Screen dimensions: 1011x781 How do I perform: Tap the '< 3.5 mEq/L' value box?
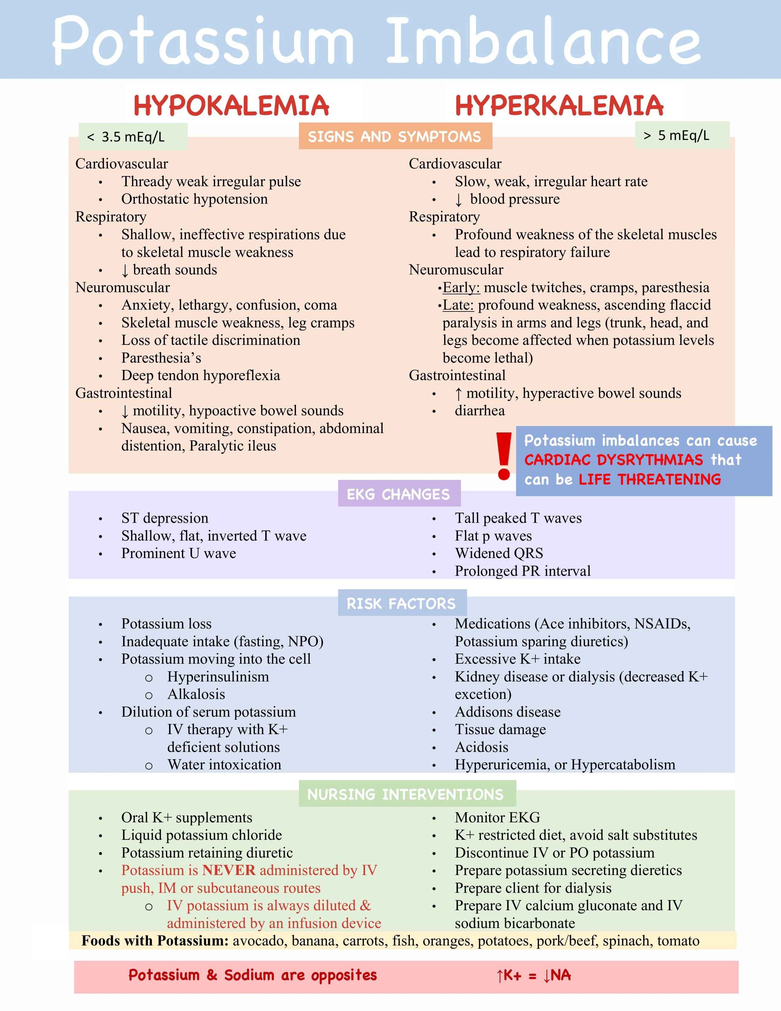point(133,137)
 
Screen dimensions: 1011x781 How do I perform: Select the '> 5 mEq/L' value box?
point(682,135)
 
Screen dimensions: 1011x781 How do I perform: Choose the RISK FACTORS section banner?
point(402,603)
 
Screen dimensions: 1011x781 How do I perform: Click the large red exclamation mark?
point(504,456)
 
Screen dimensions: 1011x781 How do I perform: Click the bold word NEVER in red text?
point(229,870)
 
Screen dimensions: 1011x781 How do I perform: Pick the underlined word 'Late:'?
point(458,305)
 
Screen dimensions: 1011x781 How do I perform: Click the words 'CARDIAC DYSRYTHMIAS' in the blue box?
point(613,460)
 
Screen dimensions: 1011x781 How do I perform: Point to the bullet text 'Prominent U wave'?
point(179,553)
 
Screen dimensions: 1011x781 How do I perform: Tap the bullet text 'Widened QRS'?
point(499,553)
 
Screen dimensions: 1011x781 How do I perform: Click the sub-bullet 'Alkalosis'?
point(196,694)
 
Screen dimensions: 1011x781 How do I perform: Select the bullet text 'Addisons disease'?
point(507,712)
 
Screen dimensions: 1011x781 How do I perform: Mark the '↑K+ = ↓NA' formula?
point(533,975)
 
